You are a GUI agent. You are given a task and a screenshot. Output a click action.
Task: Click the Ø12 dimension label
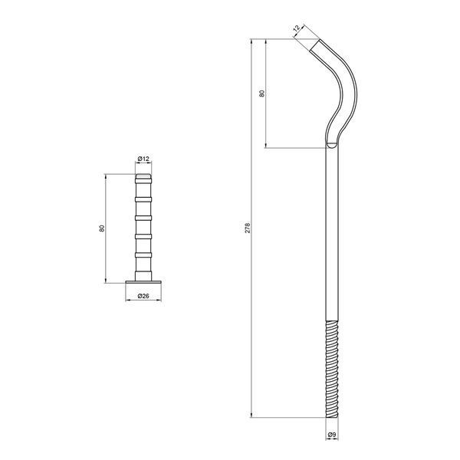(x=143, y=159)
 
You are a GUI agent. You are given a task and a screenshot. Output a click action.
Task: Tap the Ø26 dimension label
(x=143, y=296)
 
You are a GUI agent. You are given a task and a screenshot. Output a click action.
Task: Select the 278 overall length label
(x=248, y=228)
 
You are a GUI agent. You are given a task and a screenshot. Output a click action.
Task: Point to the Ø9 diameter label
(x=332, y=435)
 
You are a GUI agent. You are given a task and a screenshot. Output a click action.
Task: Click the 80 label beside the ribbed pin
(x=102, y=228)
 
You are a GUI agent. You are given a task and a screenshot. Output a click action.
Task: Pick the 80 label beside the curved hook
(x=261, y=94)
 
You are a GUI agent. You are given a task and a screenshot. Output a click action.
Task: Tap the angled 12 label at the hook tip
(x=297, y=28)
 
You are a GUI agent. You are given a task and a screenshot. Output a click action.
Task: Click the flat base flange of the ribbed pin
(x=143, y=282)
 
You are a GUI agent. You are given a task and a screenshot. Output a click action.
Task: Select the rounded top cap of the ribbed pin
(x=143, y=176)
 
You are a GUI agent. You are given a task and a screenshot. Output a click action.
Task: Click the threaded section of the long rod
(x=332, y=369)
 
